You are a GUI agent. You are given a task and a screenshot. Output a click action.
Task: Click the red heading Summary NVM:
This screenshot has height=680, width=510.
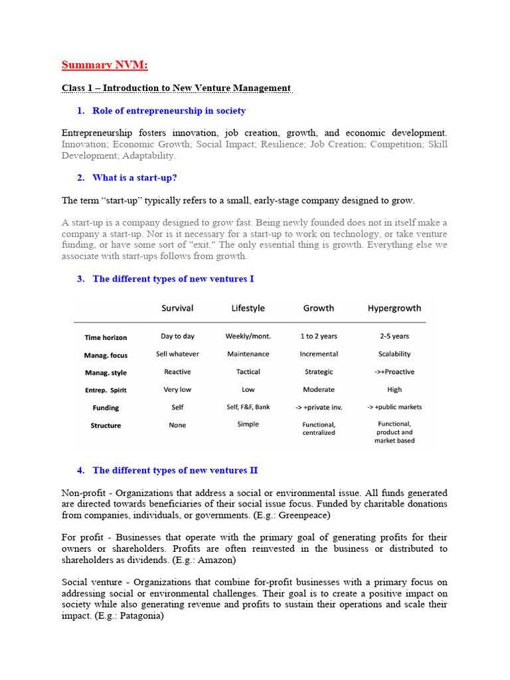click(x=105, y=64)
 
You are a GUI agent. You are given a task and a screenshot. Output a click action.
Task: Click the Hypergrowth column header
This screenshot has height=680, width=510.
click(x=394, y=308)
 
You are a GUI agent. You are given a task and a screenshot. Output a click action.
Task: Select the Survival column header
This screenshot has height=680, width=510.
click(x=177, y=308)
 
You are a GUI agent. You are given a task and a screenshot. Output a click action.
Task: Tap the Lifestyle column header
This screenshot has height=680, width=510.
click(x=248, y=308)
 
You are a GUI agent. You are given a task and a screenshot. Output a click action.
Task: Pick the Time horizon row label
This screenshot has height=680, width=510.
click(x=106, y=337)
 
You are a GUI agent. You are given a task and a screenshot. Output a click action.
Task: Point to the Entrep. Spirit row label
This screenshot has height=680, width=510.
click(x=106, y=390)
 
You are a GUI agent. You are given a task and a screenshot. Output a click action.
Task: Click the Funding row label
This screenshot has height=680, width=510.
click(x=106, y=408)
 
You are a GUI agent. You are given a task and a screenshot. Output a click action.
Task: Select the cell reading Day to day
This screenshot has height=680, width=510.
click(x=177, y=337)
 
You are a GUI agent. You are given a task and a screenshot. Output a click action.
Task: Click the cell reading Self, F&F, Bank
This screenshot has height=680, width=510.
click(x=248, y=407)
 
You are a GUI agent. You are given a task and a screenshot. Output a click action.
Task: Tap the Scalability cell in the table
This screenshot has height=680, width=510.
click(x=394, y=354)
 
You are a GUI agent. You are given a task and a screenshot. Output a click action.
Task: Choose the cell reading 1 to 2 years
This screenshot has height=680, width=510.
click(x=319, y=337)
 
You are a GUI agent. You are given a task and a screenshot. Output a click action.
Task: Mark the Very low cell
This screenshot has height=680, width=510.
click(x=177, y=390)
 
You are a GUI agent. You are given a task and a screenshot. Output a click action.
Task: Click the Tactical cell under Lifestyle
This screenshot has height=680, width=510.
click(x=248, y=372)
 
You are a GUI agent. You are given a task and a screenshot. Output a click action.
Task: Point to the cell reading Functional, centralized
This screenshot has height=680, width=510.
click(x=319, y=428)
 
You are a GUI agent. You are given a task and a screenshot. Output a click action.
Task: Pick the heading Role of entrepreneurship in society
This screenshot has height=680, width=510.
click(x=169, y=111)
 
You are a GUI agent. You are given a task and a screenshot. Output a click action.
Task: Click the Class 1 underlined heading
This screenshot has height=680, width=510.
click(x=176, y=88)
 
